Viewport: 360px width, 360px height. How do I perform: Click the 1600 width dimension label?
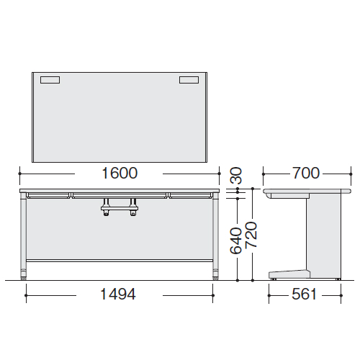120,173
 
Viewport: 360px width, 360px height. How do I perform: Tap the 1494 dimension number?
118,294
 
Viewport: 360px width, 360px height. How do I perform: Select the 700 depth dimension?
306,173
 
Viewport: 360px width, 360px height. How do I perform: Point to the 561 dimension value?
304,294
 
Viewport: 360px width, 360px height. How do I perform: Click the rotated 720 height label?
251,235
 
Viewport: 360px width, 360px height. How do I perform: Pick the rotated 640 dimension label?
235,240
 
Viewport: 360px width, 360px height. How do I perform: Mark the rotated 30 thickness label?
235,176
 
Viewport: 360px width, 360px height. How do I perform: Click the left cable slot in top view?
50,80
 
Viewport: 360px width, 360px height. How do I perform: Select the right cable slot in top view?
189,80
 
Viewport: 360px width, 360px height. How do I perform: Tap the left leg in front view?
23,236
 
